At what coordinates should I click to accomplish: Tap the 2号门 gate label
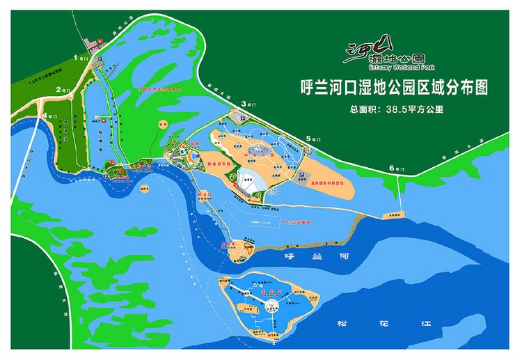click(x=65, y=91)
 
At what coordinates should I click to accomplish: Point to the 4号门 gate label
click(x=49, y=115)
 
